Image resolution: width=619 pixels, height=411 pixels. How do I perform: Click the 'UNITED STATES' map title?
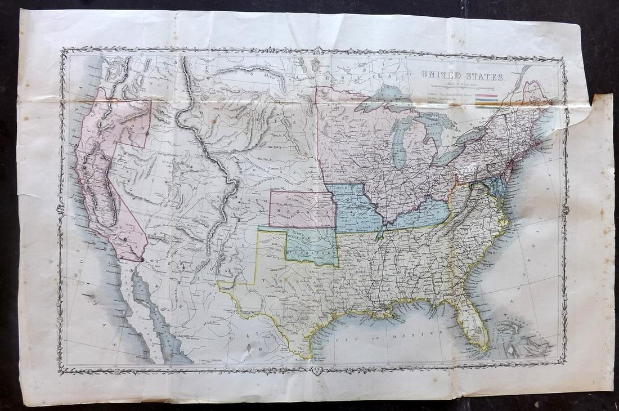click(x=457, y=75)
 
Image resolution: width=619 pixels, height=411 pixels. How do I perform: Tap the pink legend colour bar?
click(x=486, y=96)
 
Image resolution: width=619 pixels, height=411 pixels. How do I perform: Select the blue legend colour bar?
click(x=486, y=100)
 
